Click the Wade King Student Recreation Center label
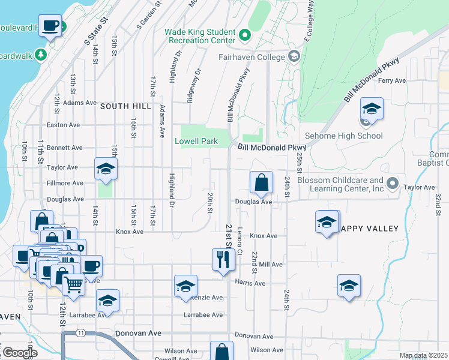click(199, 35)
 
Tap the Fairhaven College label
click(252, 58)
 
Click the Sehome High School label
click(344, 136)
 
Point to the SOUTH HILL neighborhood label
click(125, 106)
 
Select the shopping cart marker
click(74, 284)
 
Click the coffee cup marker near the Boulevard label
click(50, 26)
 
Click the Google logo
click(19, 353)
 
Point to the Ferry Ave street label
click(393, 80)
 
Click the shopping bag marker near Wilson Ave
click(221, 352)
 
